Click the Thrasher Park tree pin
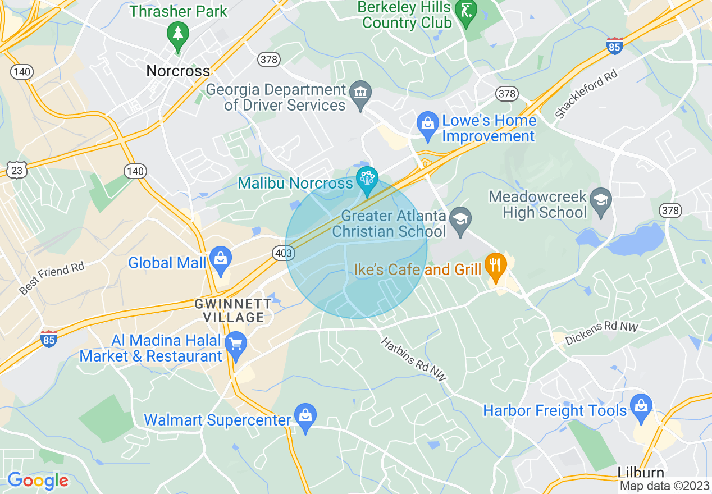point(178,35)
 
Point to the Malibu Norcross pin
point(367,179)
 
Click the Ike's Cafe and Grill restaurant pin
point(495,266)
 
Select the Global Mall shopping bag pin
point(220,260)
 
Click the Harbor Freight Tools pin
point(640,406)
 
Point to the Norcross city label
point(178,71)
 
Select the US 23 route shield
point(17,170)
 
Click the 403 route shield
point(284,253)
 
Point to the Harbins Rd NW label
point(414,360)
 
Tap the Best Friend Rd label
point(51,278)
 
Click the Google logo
point(38,481)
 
